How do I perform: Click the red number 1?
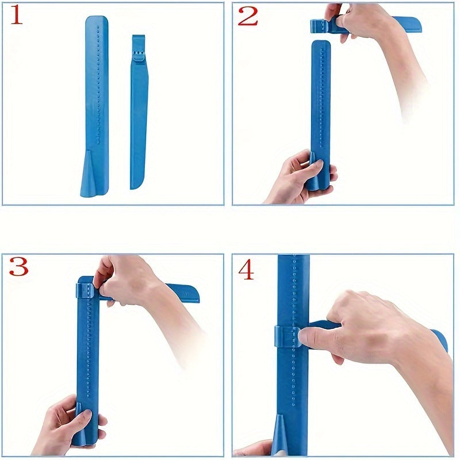pyautogui.click(x=17, y=16)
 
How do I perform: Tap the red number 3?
pyautogui.click(x=18, y=266)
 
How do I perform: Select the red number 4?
pyautogui.click(x=246, y=269)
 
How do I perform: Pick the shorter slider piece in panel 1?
pyautogui.click(x=138, y=115)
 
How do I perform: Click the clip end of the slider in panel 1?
pyautogui.click(x=137, y=46)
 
